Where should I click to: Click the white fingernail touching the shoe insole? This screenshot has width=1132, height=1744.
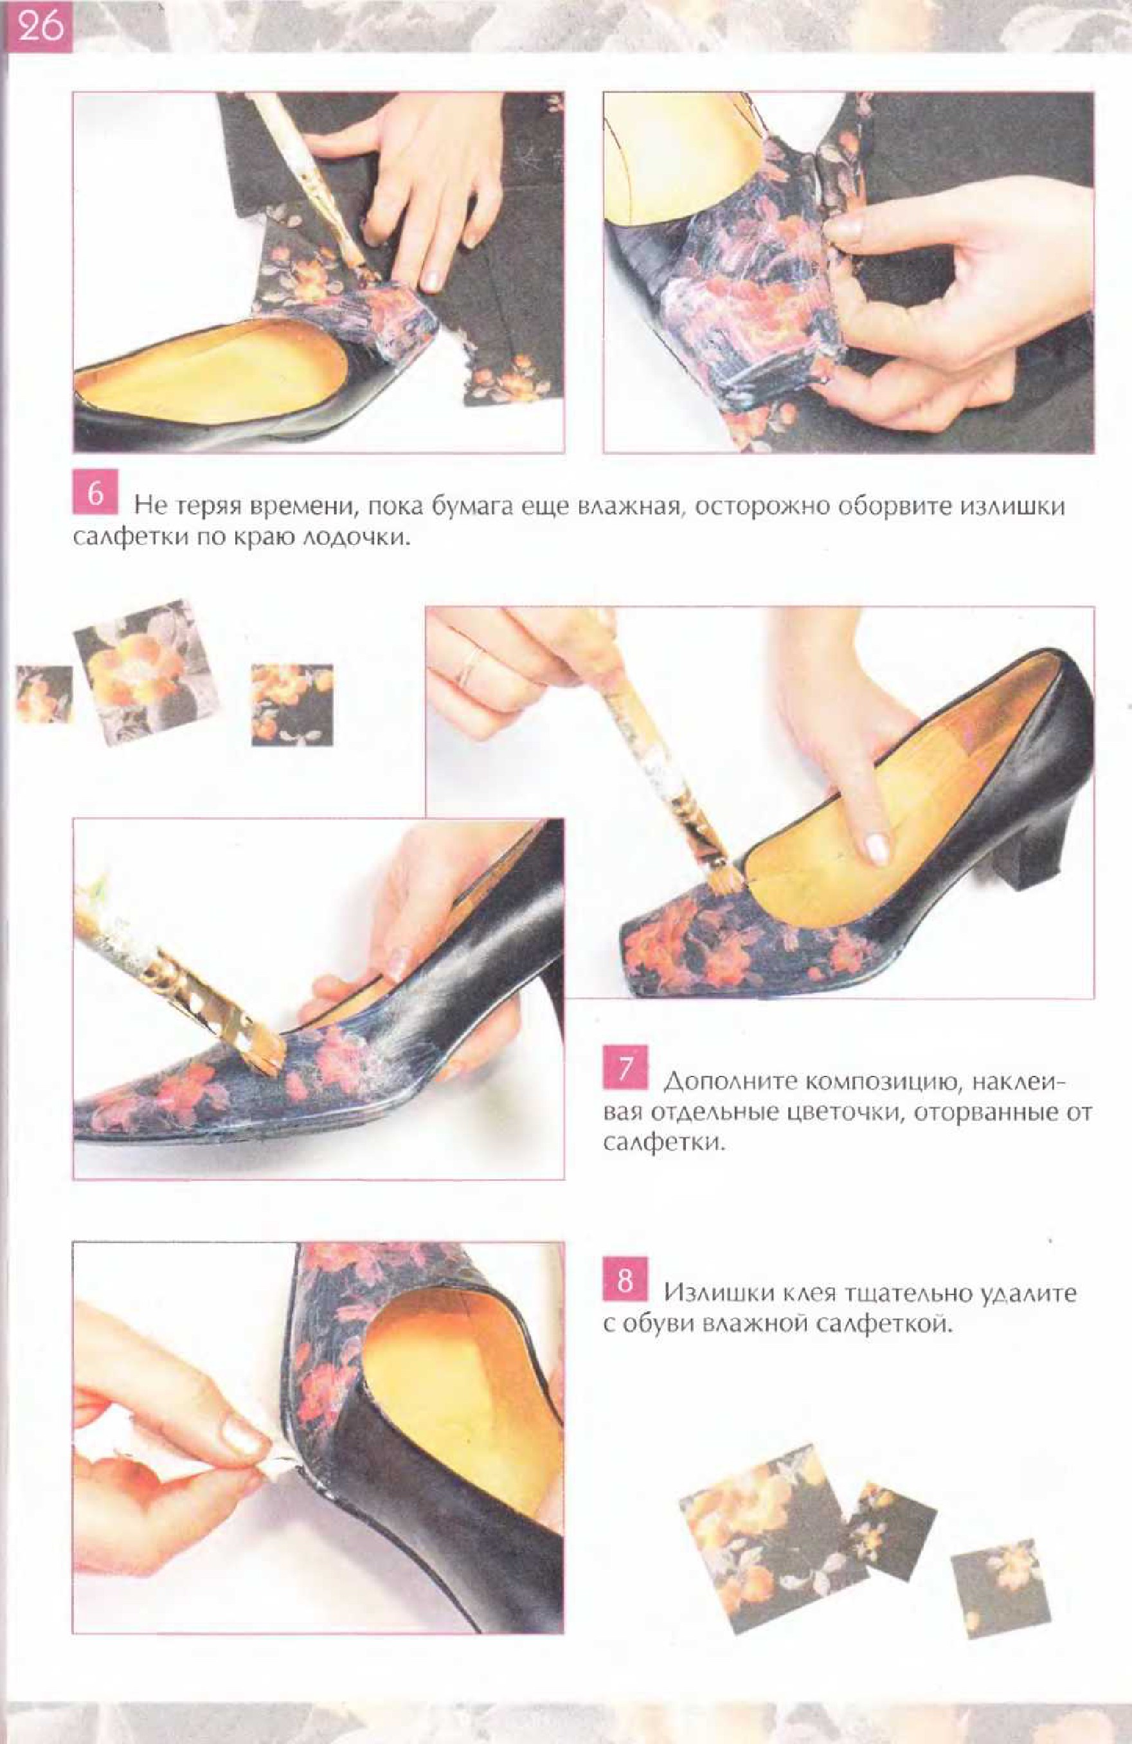tap(877, 849)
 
